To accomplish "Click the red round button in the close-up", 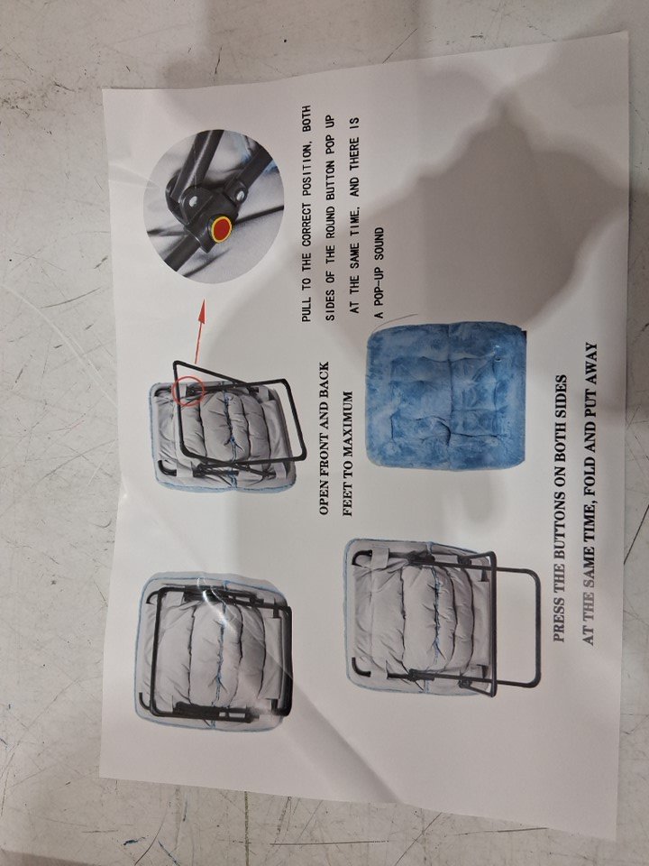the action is click(222, 228).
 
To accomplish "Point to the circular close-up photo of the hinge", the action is click(214, 206).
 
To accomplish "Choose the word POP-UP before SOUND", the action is click(379, 290).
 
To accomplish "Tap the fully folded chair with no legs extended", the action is click(215, 651).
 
